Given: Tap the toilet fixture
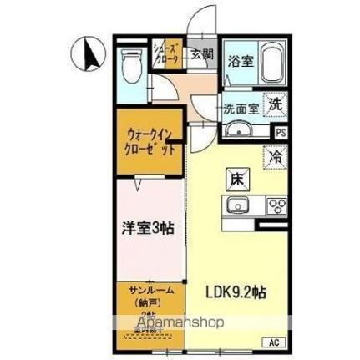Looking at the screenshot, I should tap(132, 63).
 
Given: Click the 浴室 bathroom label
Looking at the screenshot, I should tap(241, 61).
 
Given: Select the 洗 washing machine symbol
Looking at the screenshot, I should tap(275, 105).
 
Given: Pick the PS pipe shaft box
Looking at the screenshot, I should tap(281, 131).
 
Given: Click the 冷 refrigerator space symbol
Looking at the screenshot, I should tap(274, 155).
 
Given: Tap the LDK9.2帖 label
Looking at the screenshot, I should tap(236, 293).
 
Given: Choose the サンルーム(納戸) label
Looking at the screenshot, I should tap(150, 296).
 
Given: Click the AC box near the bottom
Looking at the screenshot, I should tap(273, 342).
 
